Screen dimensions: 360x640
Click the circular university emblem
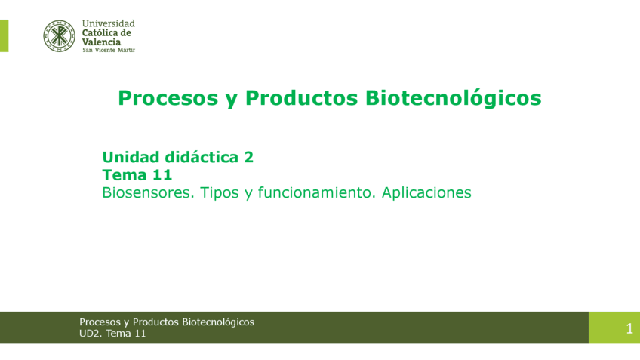[59, 35]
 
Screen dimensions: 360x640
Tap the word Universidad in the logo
[108, 23]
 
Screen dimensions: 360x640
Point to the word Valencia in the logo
[101, 42]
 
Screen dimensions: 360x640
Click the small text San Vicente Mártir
[108, 50]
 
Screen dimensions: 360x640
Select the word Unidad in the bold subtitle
[131, 157]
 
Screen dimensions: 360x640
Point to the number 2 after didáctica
[248, 157]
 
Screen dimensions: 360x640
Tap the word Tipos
[220, 193]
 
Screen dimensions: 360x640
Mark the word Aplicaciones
[426, 193]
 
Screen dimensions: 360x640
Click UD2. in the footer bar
[91, 333]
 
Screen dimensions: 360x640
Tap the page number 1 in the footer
[629, 328]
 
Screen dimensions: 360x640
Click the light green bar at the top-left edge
[4, 35]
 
